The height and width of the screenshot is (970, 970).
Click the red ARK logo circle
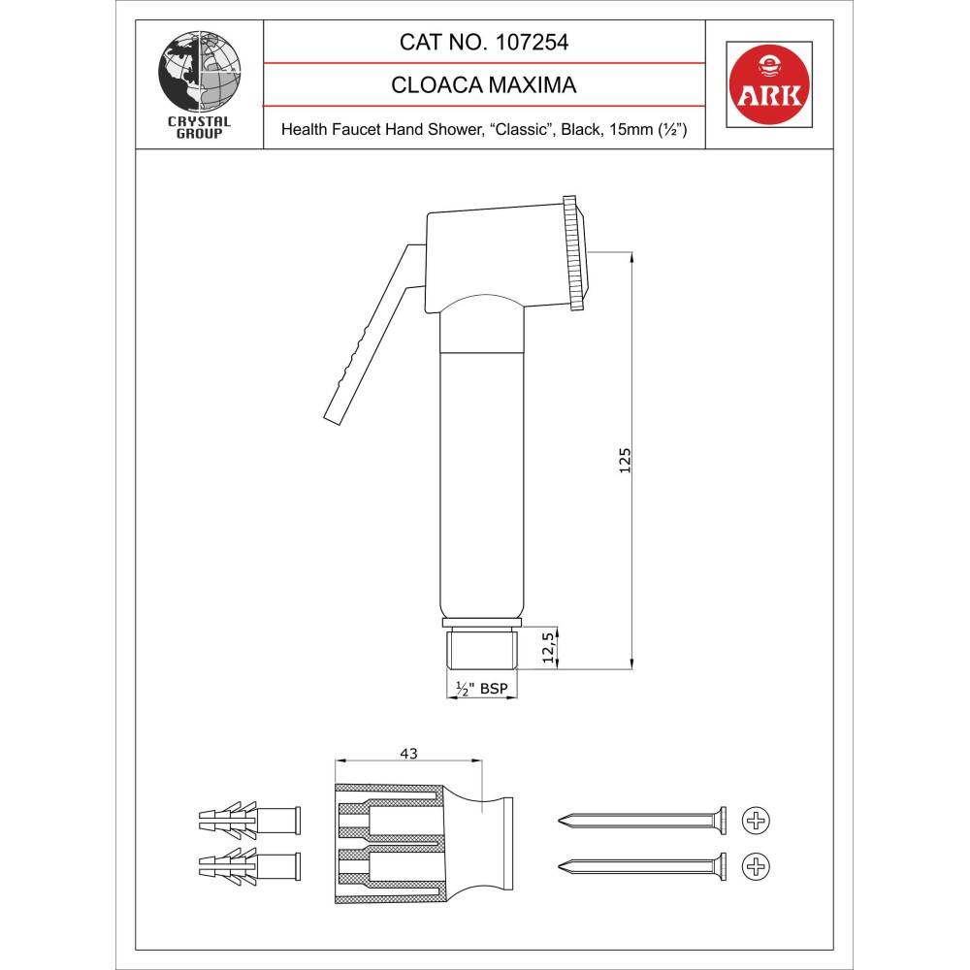point(769,84)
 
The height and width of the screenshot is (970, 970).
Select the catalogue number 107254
point(532,42)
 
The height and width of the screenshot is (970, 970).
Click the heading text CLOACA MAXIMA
point(484,84)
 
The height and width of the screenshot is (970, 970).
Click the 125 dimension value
point(625,461)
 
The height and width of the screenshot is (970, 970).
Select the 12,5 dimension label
point(548,648)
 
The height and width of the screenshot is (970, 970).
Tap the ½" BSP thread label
point(482,689)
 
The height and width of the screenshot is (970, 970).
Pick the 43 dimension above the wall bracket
point(409,754)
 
